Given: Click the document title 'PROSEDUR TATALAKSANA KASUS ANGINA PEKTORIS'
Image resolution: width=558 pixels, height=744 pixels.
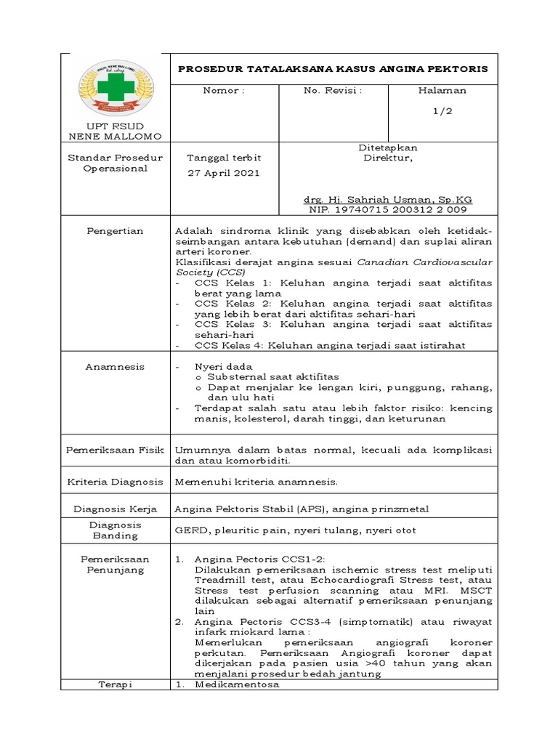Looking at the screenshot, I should click(x=333, y=69).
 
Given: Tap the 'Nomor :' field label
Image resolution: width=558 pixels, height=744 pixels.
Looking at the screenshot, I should click(x=224, y=91).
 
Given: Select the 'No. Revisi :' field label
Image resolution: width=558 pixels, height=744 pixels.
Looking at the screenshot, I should click(x=333, y=91).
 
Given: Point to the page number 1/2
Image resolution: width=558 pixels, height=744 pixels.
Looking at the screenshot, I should click(x=442, y=110).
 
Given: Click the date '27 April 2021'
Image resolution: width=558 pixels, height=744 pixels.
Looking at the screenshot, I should click(x=224, y=174).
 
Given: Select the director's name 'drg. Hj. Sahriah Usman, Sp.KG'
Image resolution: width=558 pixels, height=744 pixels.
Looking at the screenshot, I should click(x=388, y=199).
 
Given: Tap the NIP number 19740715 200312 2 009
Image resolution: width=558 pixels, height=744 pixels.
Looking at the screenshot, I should click(x=388, y=209).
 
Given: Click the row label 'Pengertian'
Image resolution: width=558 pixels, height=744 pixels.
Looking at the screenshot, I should click(x=116, y=231).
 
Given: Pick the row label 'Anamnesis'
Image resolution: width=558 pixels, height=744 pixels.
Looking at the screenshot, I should click(x=116, y=367).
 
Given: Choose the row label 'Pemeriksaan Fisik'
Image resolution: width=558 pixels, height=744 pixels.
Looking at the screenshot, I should click(x=116, y=450).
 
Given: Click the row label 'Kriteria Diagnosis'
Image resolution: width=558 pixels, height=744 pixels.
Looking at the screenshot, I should click(x=116, y=481).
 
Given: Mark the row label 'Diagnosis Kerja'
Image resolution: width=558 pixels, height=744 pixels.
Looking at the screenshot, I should click(x=116, y=508).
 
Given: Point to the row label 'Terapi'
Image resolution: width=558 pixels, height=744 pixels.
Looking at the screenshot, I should click(x=116, y=684).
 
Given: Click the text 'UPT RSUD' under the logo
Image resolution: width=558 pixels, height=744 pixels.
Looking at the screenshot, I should click(x=116, y=126).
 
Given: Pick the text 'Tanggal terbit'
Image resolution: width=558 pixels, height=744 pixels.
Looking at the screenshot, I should click(x=224, y=158).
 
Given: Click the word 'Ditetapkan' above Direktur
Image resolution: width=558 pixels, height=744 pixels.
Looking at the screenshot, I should click(x=388, y=147).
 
